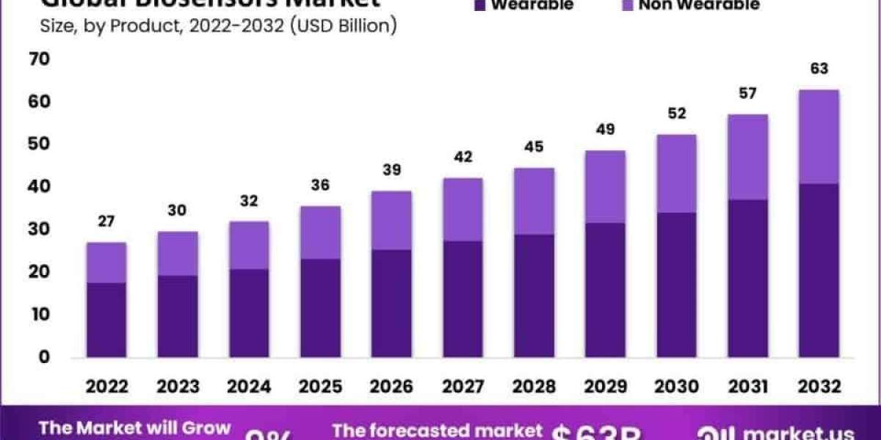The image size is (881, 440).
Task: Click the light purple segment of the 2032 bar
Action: (x=819, y=136)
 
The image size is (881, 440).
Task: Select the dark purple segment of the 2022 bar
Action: (x=106, y=320)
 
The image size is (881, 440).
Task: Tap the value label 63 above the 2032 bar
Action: (x=819, y=69)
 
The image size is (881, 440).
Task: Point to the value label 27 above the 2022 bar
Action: (x=106, y=221)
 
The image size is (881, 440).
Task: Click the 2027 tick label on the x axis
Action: (x=463, y=386)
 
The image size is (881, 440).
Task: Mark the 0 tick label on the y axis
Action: (x=45, y=357)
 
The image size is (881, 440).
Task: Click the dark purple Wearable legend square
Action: (x=480, y=5)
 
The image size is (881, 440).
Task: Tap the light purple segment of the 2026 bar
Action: (x=391, y=220)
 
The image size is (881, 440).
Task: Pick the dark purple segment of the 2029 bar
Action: (x=605, y=290)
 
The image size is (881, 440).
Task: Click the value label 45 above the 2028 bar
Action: (x=534, y=147)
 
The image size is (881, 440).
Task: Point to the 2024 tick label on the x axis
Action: (x=249, y=386)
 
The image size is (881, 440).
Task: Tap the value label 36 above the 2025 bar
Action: (x=320, y=185)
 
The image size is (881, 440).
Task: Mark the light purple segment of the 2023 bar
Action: (x=178, y=253)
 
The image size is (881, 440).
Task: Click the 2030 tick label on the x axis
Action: (x=676, y=386)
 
